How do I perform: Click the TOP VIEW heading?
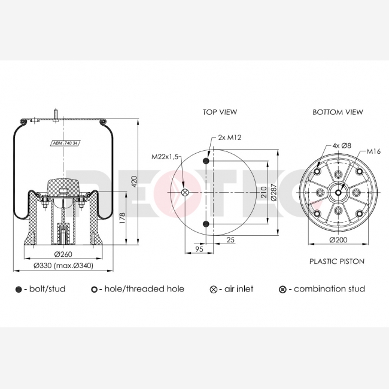220,112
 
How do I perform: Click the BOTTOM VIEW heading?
338,112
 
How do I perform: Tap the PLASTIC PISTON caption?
337,262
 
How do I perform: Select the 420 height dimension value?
134,181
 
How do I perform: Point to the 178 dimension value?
123,218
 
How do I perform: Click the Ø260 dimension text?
63,254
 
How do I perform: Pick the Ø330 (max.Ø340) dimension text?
63,266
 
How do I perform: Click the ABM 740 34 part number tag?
66,143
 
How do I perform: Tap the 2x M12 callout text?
229,138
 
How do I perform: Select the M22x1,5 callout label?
165,157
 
